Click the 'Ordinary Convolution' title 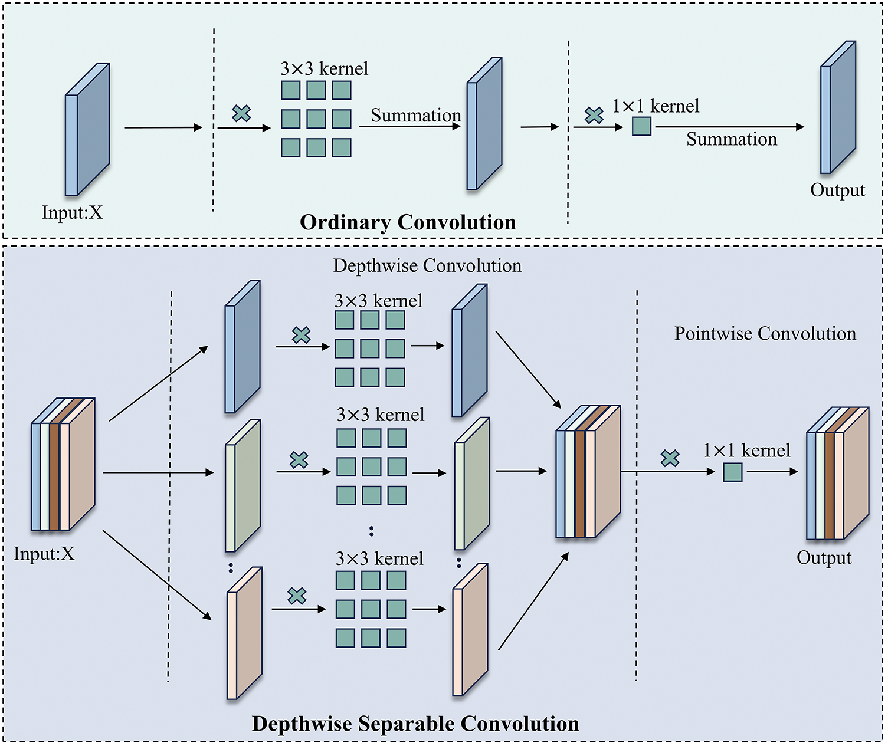[x=408, y=222]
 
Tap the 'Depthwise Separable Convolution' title [x=415, y=724]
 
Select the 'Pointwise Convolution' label [x=765, y=334]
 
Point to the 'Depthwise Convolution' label [x=427, y=266]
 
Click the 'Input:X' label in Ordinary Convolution [x=72, y=212]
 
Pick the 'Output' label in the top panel [x=837, y=190]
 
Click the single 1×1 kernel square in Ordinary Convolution [x=641, y=126]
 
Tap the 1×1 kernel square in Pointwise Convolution [x=733, y=472]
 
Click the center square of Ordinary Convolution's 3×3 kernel [x=316, y=119]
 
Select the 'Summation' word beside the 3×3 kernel [x=415, y=116]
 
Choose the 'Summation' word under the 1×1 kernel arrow [x=732, y=139]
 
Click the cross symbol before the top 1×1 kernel [x=594, y=115]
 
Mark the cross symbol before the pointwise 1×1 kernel [x=670, y=458]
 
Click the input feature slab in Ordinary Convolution [x=87, y=130]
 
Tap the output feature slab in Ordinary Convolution [x=838, y=108]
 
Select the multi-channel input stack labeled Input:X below [x=63, y=465]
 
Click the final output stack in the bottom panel [x=837, y=473]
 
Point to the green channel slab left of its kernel [x=243, y=485]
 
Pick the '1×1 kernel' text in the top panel [x=656, y=107]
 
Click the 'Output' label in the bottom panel [x=824, y=558]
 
